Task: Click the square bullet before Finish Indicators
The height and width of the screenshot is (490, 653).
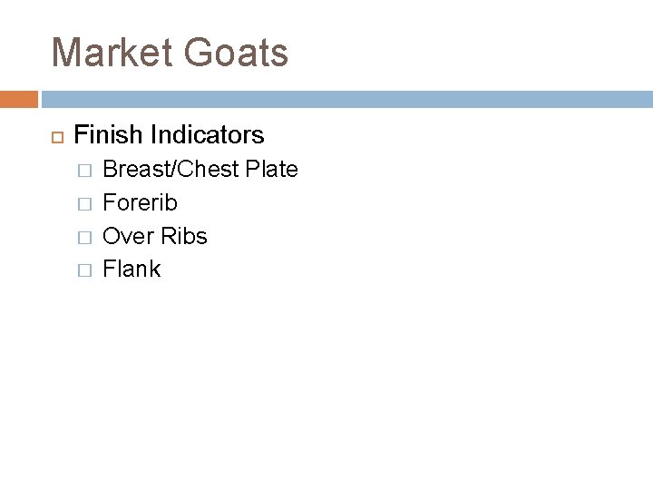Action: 53,137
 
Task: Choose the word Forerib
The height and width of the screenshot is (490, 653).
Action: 141,202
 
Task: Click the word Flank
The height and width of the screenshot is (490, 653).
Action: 132,269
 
